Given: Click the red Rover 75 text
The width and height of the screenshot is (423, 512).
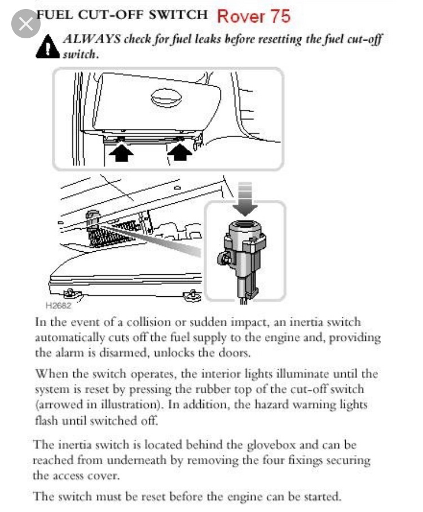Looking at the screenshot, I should (x=253, y=16).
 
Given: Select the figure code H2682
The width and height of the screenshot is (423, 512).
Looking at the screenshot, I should (x=57, y=306).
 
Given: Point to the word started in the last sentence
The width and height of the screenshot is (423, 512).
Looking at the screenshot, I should (x=319, y=496).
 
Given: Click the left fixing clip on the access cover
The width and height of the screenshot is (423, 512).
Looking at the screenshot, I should (x=70, y=293).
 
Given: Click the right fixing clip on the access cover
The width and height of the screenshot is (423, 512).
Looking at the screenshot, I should (x=192, y=294).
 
